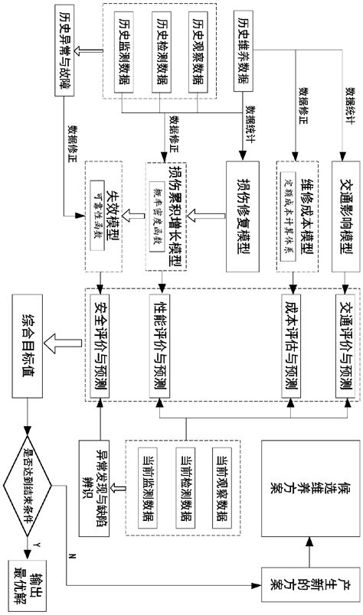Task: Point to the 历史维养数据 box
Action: coord(243,52)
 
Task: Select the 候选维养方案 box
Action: coord(307,488)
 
